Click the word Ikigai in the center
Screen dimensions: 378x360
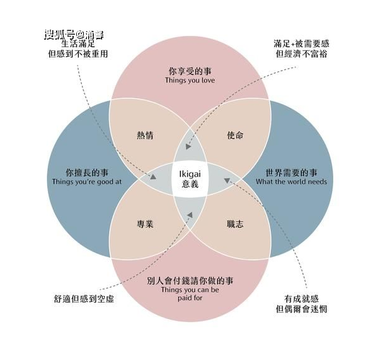[x=190, y=172]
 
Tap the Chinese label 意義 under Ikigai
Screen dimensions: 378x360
[x=190, y=184]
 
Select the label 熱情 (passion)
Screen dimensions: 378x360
[x=145, y=136]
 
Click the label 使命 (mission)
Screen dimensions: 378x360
[x=234, y=136]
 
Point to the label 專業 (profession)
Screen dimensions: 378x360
[x=145, y=224]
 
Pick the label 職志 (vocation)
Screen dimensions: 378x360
[x=234, y=224]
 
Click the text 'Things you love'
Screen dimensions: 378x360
[x=190, y=81]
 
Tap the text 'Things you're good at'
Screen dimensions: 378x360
[x=86, y=182]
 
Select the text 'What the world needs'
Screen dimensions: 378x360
[x=291, y=182]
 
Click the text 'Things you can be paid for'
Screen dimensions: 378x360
[x=190, y=294]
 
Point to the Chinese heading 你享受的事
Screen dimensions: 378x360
[x=190, y=71]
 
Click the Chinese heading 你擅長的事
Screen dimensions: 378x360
[x=86, y=171]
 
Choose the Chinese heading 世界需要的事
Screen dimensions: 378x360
[x=291, y=171]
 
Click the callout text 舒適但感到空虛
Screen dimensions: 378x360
[x=84, y=299]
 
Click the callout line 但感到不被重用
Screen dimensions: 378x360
[x=77, y=54]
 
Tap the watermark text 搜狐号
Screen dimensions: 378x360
[x=59, y=34]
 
